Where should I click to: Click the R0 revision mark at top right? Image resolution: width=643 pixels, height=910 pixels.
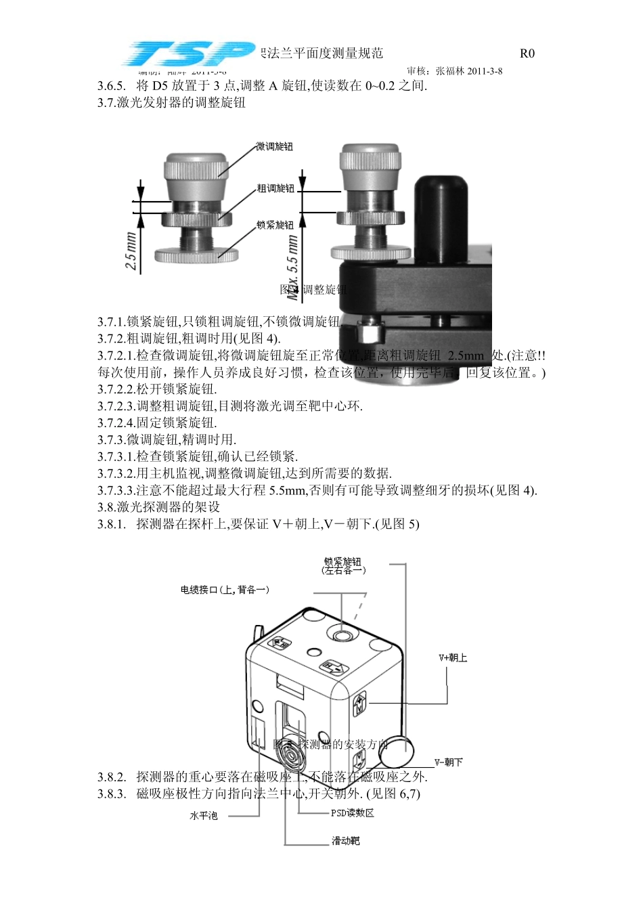(x=527, y=53)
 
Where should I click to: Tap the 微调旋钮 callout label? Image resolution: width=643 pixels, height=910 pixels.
(x=274, y=147)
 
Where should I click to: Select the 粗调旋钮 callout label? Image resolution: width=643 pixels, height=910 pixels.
(x=275, y=188)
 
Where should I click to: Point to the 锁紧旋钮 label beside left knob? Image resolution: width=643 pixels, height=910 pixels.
(x=275, y=225)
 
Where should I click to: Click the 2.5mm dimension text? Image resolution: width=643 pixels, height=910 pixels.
(x=131, y=251)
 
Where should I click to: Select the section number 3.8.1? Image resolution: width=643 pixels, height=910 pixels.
(x=112, y=524)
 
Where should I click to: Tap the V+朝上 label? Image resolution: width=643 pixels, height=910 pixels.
(x=453, y=657)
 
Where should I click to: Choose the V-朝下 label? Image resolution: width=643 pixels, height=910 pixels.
(x=449, y=762)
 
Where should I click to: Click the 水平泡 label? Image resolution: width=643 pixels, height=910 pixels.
(x=203, y=816)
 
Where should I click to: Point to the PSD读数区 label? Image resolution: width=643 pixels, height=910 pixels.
(x=352, y=812)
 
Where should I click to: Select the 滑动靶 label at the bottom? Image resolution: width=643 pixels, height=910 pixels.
(x=345, y=841)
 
